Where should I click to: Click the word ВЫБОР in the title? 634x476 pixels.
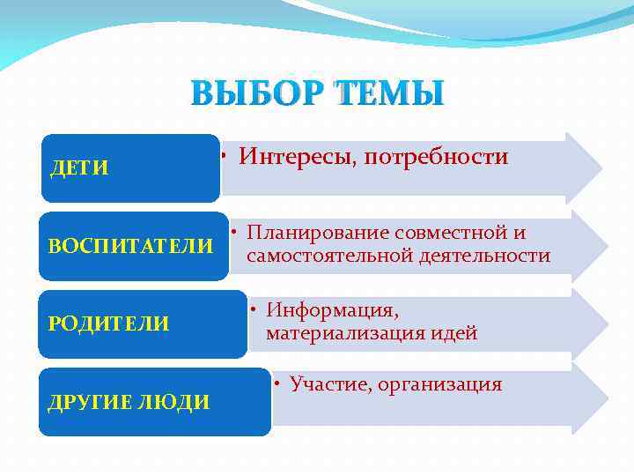256,93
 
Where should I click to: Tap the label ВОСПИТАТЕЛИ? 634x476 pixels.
130,246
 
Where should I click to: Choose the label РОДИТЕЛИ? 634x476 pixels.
108,324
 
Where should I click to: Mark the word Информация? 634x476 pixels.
332,310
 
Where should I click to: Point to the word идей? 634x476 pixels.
456,333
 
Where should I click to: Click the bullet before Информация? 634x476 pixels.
252,310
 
